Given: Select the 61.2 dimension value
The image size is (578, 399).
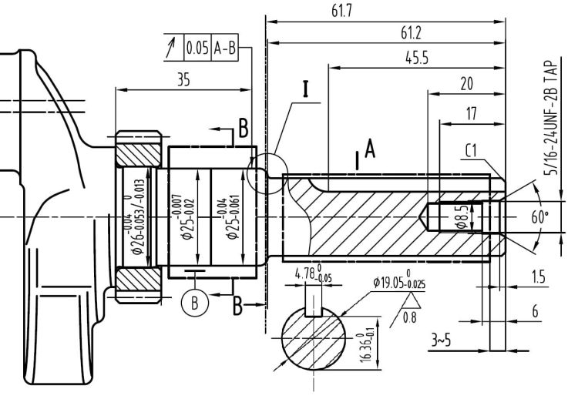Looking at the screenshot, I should pos(411,33).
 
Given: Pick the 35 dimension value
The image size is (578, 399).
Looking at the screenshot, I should pos(183,79).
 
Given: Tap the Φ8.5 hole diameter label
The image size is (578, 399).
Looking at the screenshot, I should pos(439,216).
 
